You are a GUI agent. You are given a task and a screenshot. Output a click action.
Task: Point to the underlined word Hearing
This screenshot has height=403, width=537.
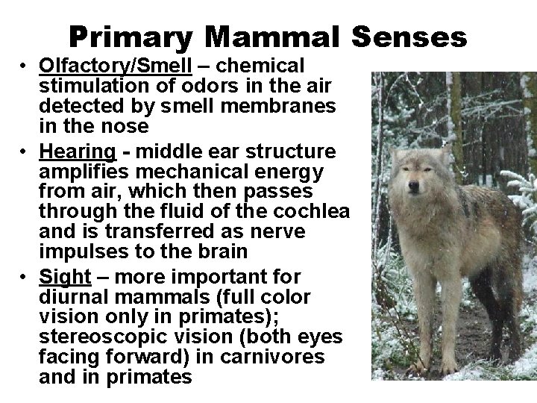click(78, 151)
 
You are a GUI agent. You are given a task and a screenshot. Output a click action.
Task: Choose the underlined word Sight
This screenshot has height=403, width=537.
click(65, 277)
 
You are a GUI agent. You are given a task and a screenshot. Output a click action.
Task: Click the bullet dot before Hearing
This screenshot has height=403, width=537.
click(25, 152)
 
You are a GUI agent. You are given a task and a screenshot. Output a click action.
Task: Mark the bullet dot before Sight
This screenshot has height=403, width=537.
click(25, 278)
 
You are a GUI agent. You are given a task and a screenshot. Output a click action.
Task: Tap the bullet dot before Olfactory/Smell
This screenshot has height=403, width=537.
click(25, 66)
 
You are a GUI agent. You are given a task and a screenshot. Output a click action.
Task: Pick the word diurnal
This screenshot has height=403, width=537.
click(74, 297)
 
